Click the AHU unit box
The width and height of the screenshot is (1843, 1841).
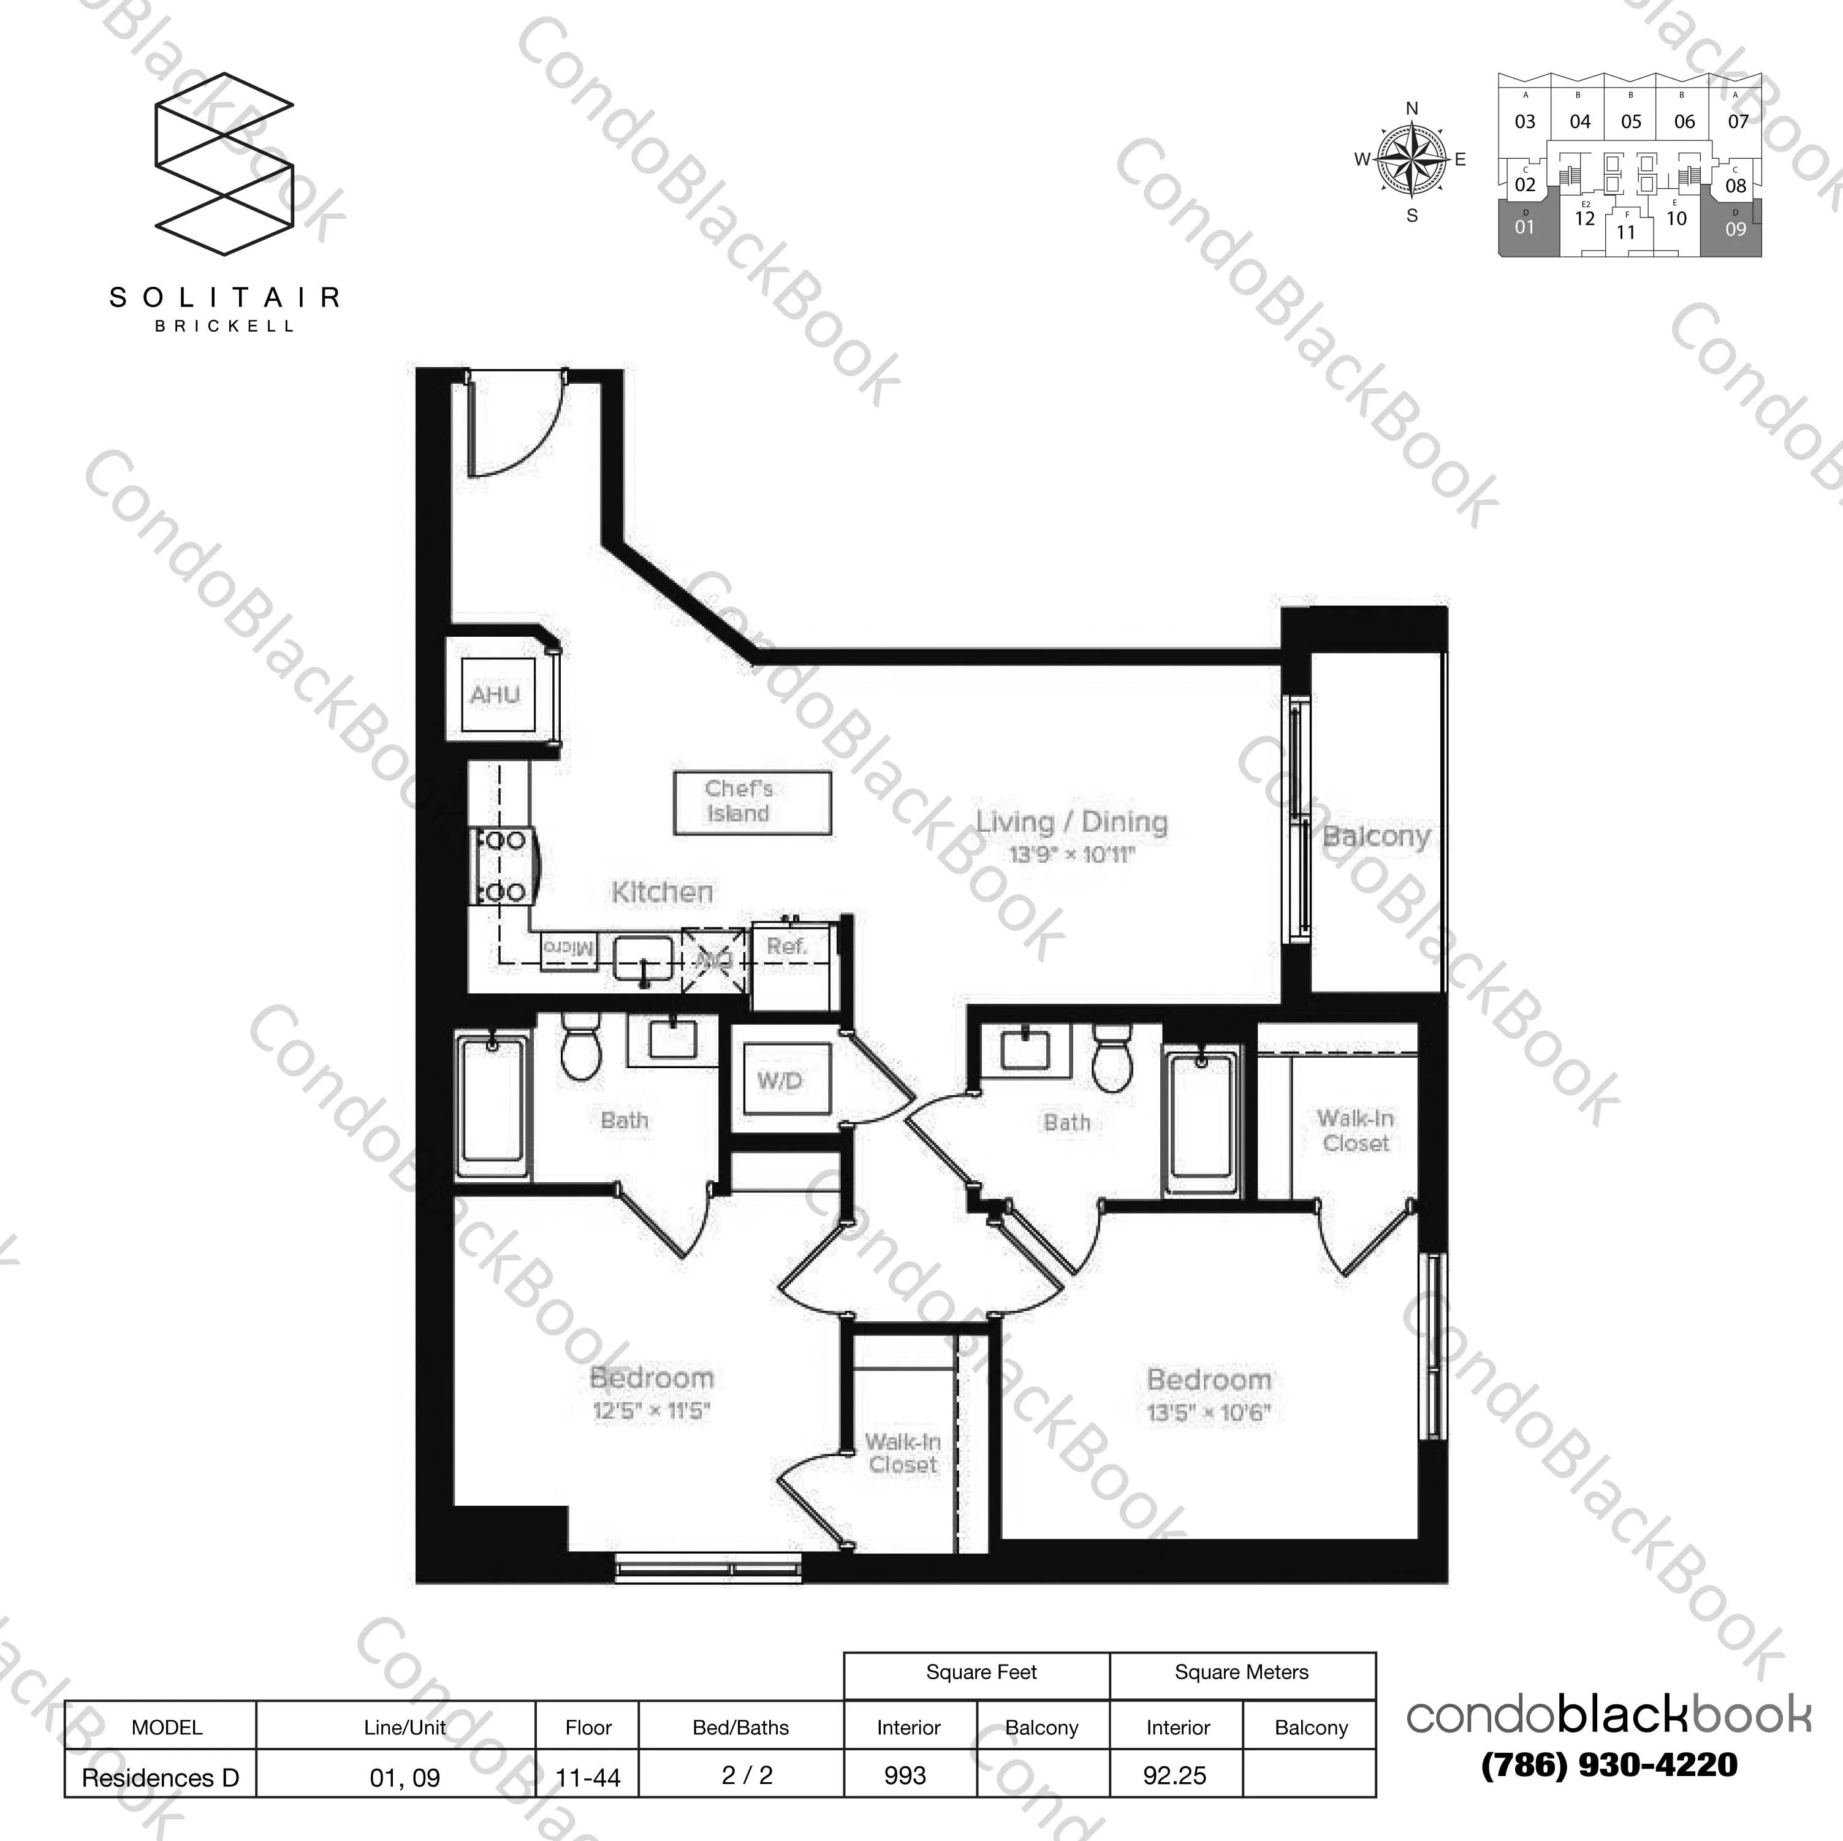(x=495, y=694)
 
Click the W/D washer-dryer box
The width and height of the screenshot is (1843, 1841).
(x=780, y=1080)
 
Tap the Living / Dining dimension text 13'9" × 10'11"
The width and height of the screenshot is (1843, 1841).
(x=1071, y=855)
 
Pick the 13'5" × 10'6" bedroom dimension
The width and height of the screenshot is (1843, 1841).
(x=1209, y=1412)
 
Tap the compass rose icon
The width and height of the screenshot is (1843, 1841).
(x=1412, y=159)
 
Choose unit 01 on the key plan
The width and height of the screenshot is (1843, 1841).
(x=1524, y=227)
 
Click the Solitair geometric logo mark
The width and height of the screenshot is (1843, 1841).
(x=224, y=164)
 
